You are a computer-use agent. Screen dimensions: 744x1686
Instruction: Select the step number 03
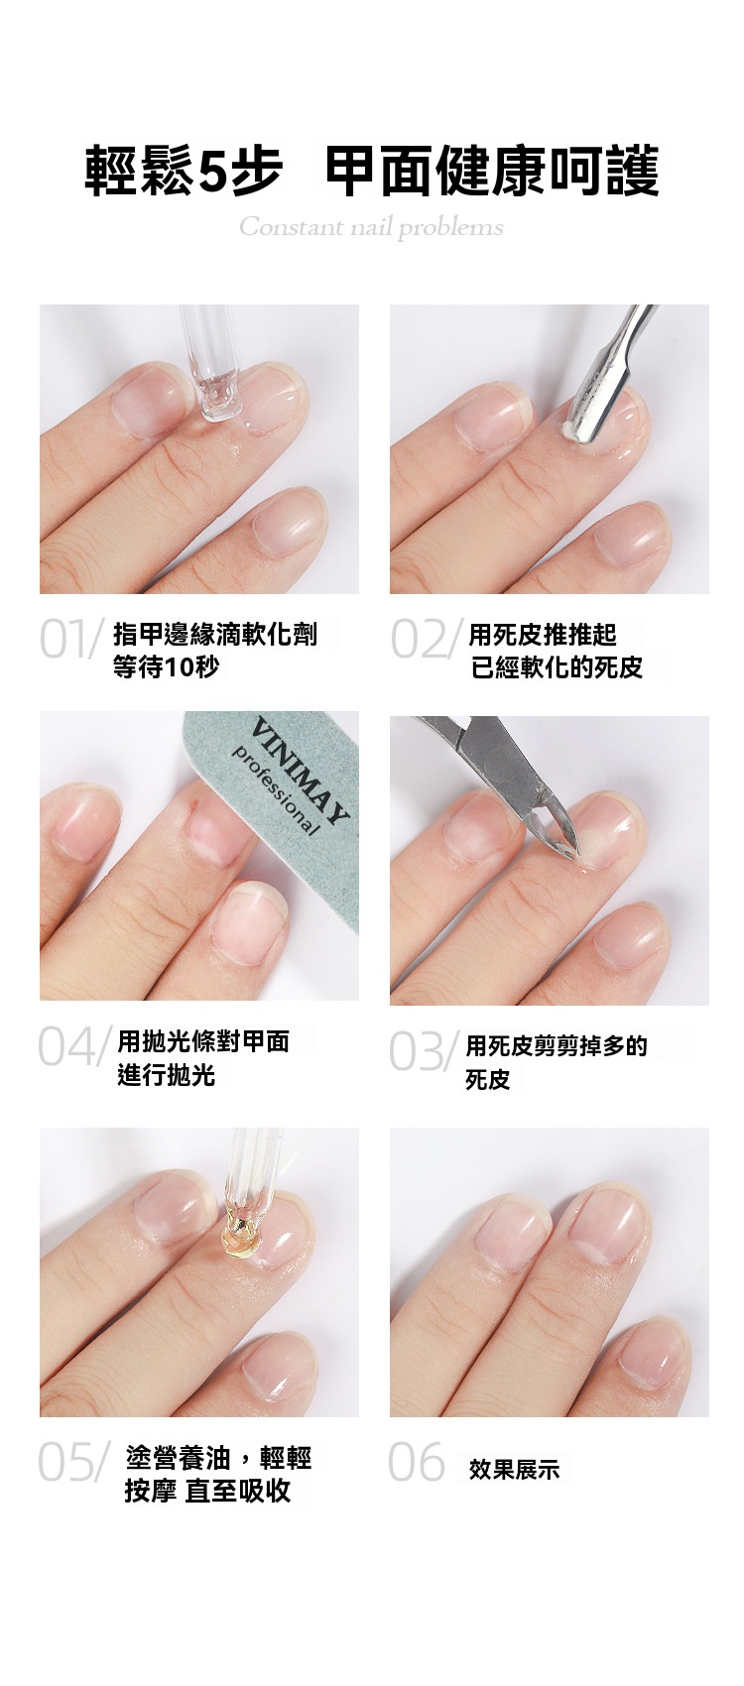click(x=416, y=1051)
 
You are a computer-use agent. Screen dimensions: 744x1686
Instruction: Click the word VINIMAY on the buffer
click(x=302, y=773)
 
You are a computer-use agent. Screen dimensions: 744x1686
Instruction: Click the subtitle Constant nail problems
click(x=371, y=226)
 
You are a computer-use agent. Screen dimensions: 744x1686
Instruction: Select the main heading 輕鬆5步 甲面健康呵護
click(x=372, y=170)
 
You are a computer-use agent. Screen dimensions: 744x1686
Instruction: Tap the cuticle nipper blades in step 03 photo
click(x=559, y=826)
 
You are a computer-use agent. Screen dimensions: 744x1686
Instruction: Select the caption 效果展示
click(x=514, y=1469)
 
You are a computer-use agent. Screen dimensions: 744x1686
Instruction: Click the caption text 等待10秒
click(x=167, y=666)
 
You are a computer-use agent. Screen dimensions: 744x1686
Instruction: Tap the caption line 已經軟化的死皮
click(x=558, y=666)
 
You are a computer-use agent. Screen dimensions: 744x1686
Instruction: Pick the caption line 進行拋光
click(x=167, y=1075)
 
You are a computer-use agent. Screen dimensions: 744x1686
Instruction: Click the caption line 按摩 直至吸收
click(x=208, y=1491)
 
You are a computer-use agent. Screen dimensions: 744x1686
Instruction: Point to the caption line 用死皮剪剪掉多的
click(x=557, y=1045)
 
